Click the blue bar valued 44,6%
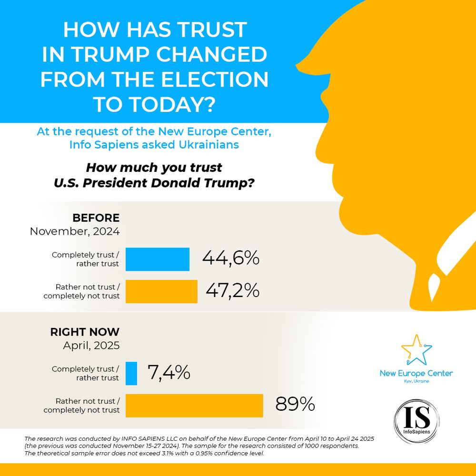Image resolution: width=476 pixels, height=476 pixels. click(x=158, y=259)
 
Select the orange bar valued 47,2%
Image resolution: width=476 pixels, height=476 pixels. click(x=161, y=291)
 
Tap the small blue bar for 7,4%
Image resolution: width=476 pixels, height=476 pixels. click(x=131, y=374)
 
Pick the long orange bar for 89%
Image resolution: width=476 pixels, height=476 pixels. click(x=194, y=406)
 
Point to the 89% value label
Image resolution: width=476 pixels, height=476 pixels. click(x=295, y=405)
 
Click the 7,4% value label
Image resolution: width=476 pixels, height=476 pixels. click(x=169, y=373)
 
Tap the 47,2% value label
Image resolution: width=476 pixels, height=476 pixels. click(x=232, y=290)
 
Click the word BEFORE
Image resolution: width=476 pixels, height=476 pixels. click(x=96, y=218)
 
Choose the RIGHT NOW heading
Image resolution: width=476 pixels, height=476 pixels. click(x=85, y=332)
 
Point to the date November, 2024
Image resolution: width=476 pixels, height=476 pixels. click(x=75, y=232)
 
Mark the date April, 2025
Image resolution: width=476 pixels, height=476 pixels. click(x=91, y=346)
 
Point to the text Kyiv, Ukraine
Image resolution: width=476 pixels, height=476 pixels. click(x=416, y=381)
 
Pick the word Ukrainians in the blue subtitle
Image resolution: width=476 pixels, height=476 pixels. click(x=210, y=145)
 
